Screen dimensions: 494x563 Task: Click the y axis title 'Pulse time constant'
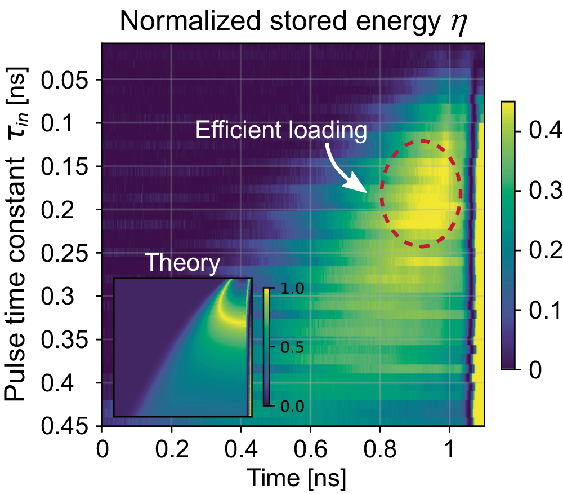coord(16,279)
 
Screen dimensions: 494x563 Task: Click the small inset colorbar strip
coord(265,346)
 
